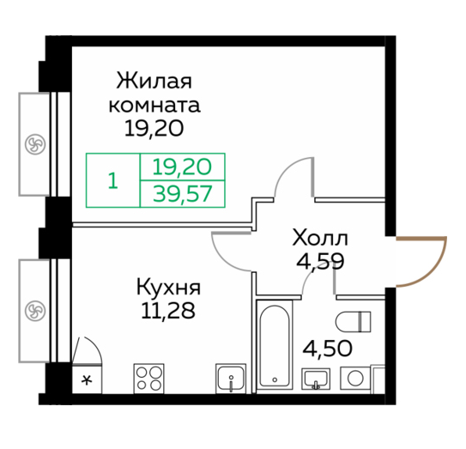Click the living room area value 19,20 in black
[154, 129]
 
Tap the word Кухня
[168, 288]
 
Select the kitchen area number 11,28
[168, 311]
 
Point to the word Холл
[320, 239]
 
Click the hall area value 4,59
[320, 261]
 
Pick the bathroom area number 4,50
[328, 349]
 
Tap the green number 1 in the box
[113, 180]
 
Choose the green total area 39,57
[183, 193]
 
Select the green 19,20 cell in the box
[182, 167]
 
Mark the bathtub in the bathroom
[275, 344]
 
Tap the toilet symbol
[353, 321]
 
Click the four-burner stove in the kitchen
[148, 379]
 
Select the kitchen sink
[231, 379]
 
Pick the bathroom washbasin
[316, 379]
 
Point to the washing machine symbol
[355, 379]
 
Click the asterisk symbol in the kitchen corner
[87, 379]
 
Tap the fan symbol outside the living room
[35, 144]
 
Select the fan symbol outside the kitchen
[35, 311]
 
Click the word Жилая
[154, 81]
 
